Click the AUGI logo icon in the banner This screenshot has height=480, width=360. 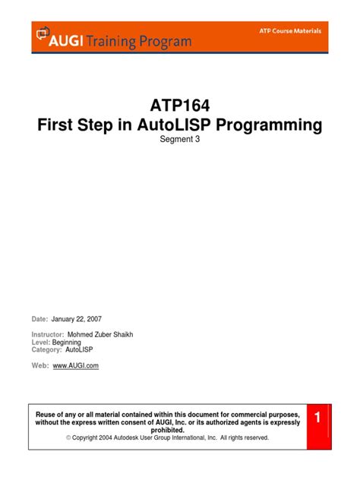[43, 35]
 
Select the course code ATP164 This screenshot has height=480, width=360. [180, 105]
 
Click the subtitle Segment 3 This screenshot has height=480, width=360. [180, 144]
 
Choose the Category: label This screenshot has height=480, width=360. [47, 350]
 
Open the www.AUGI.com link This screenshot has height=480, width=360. [76, 366]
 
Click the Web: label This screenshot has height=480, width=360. [40, 366]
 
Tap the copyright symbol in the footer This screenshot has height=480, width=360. [68, 438]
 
